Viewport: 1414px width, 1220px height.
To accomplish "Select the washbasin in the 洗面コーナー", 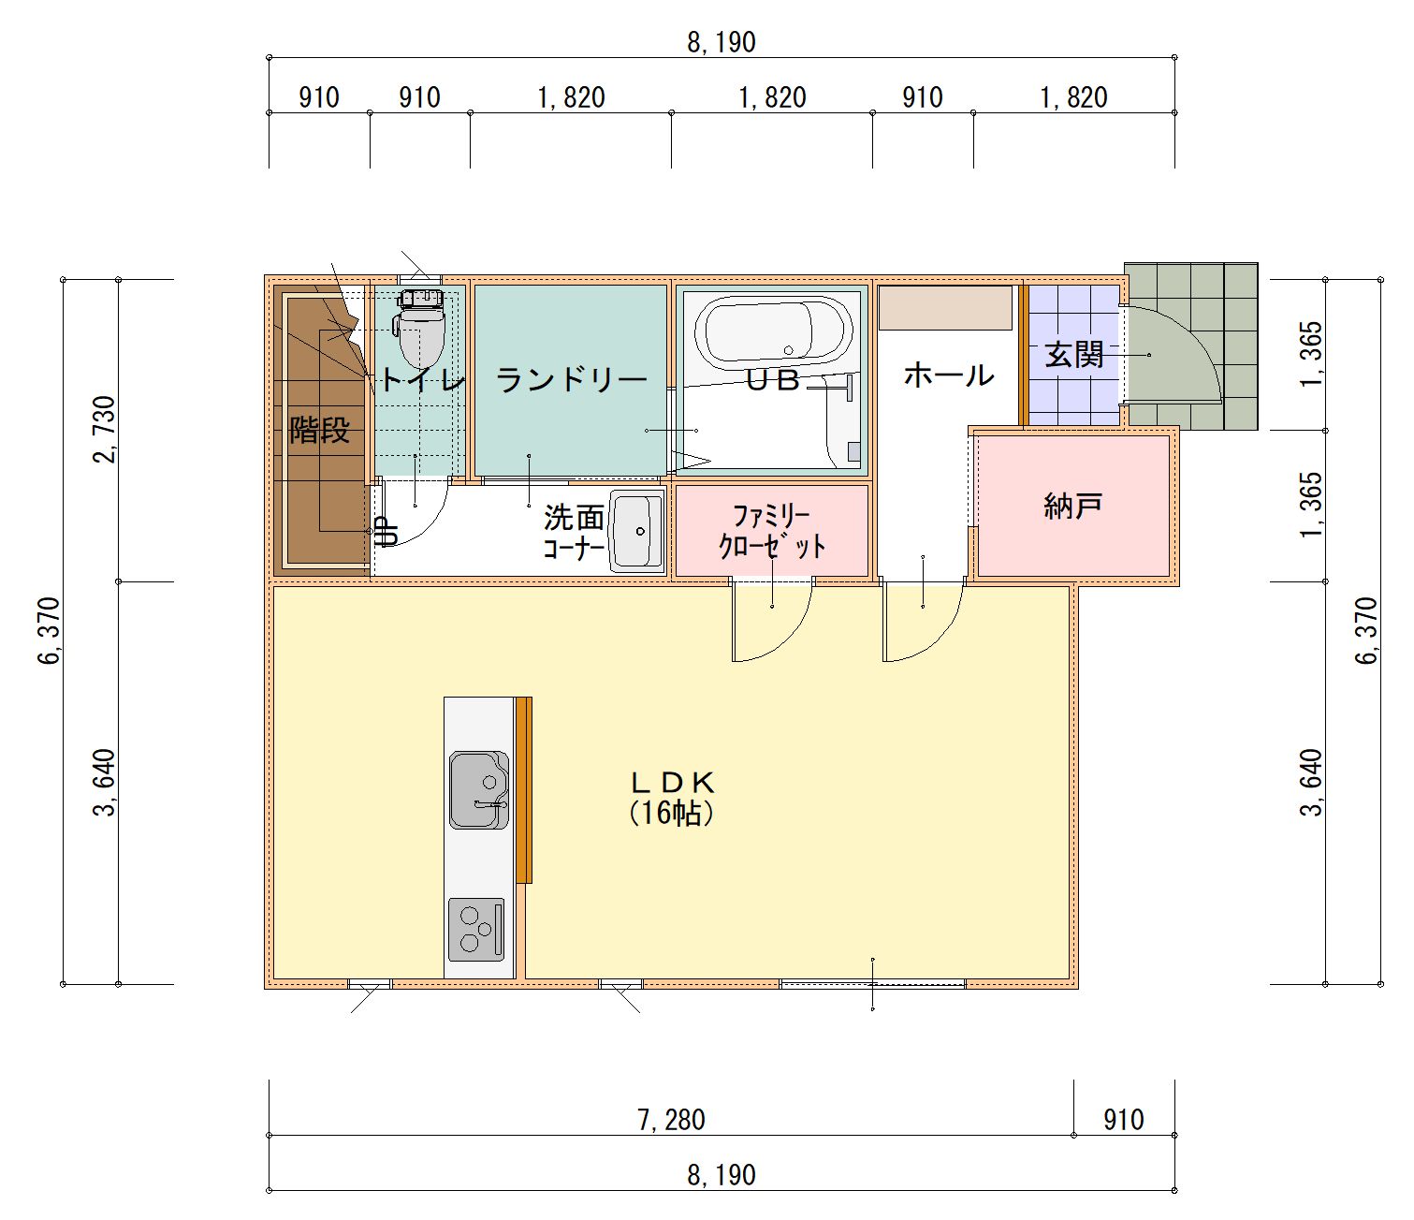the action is [x=636, y=531].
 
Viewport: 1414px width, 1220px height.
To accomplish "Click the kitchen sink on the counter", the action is [x=479, y=790].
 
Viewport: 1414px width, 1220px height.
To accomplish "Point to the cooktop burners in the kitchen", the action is [x=476, y=929].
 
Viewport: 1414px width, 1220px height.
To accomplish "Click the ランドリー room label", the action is [x=571, y=379].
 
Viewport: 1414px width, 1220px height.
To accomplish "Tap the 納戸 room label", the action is [x=1072, y=506].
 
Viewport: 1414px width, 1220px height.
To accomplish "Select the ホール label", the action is [x=949, y=375].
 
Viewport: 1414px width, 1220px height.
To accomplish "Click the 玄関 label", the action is [x=1074, y=355].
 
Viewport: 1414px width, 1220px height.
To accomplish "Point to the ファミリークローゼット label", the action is [x=772, y=531].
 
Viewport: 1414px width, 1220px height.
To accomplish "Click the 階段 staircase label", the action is [x=319, y=430].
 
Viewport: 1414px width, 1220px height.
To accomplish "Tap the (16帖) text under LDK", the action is [x=672, y=814].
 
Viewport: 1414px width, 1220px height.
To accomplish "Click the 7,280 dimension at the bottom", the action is [x=671, y=1120].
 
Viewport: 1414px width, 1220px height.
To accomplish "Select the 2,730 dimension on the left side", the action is [x=105, y=429].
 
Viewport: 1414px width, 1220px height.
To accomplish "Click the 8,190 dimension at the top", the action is [x=722, y=42].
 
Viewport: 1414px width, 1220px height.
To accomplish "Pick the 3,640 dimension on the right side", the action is [x=1311, y=783].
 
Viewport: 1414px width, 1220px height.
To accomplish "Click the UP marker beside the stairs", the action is [x=387, y=531].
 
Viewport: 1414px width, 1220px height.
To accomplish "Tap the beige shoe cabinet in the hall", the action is [x=945, y=307].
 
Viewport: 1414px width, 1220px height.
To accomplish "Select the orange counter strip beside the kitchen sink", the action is [x=524, y=790].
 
